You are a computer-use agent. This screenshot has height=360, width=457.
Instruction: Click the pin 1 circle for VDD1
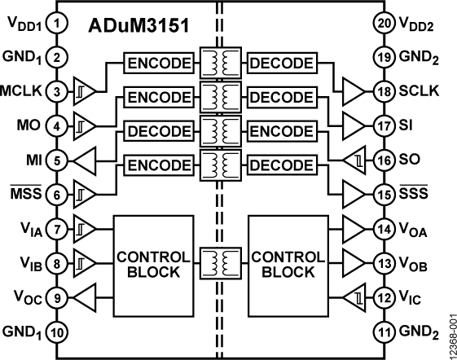[56, 24]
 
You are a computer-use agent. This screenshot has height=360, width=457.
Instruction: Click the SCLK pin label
[420, 91]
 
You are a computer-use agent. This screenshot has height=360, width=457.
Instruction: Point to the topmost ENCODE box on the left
[160, 63]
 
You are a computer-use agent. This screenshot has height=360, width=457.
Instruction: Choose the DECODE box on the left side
[160, 131]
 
